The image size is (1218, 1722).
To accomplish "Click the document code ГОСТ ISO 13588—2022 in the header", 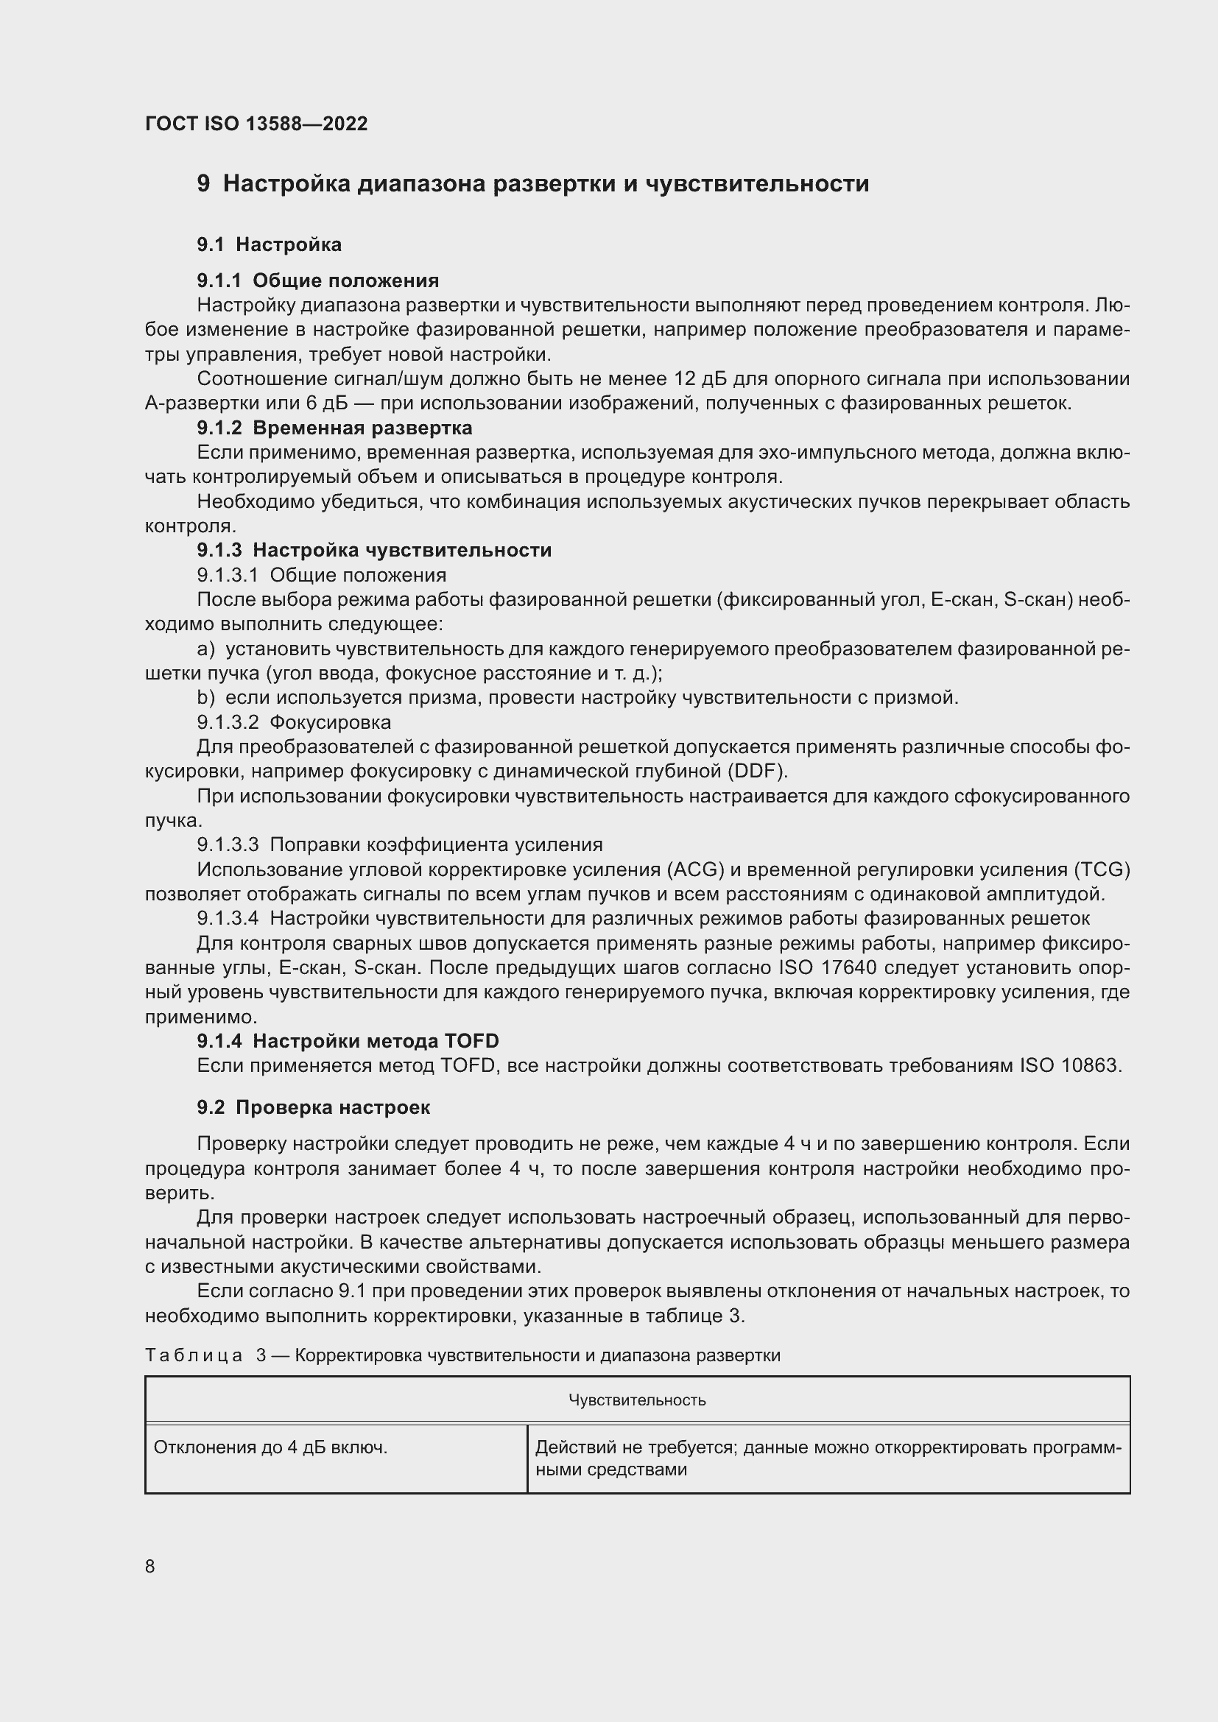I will point(256,124).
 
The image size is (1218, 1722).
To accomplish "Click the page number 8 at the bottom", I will point(150,1566).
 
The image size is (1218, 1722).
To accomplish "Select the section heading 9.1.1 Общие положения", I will point(318,280).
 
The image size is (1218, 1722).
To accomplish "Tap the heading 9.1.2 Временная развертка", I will point(334,428).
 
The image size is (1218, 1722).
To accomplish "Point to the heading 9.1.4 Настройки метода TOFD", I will point(348,1041).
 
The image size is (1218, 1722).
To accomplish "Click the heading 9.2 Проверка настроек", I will point(314,1108).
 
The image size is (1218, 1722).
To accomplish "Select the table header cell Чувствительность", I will point(637,1400).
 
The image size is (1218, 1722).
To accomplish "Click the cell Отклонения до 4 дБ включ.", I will point(271,1447).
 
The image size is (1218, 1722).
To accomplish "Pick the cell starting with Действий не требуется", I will point(828,1458).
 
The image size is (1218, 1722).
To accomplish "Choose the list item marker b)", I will point(205,698).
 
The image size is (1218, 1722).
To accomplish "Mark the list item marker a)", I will point(205,649).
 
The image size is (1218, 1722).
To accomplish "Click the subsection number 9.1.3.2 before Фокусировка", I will point(228,723).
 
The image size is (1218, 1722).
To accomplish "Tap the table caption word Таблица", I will point(194,1355).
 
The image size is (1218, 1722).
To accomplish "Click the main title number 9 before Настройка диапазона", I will point(203,184).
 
